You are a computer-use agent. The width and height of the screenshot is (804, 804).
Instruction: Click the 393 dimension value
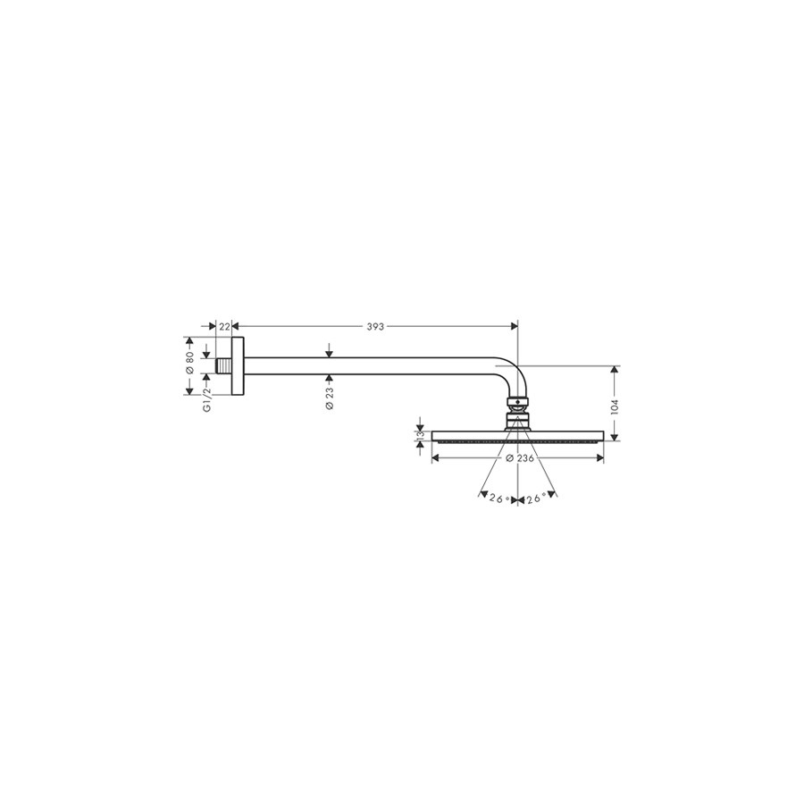pos(375,327)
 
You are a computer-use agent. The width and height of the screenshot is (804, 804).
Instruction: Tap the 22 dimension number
pos(224,327)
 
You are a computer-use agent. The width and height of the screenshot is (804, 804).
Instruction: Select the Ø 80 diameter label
pos(189,363)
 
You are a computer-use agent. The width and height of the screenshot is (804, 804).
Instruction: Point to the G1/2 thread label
pos(207,399)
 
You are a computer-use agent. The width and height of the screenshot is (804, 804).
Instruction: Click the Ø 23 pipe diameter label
pos(329,398)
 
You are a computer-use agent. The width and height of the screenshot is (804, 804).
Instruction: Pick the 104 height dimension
pos(616,406)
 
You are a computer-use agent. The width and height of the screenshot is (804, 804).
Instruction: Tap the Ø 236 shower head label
pos(520,458)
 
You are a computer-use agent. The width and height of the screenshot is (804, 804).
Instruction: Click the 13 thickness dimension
pos(421,436)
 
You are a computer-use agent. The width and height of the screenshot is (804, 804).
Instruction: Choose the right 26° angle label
pos(536,498)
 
